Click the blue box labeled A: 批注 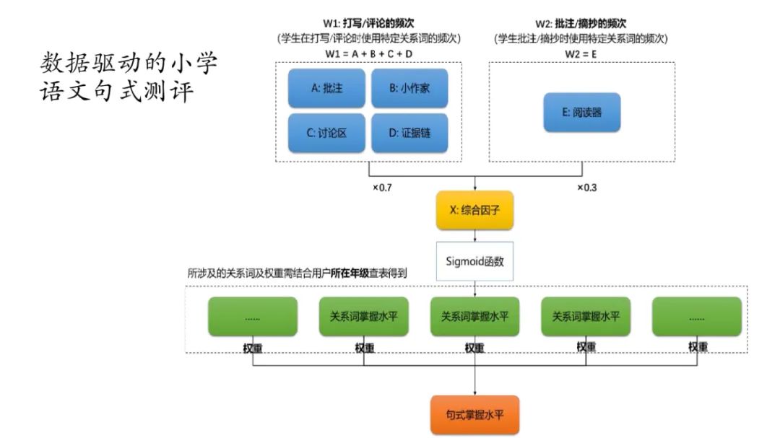326,89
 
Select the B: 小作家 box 409,89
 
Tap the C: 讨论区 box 326,133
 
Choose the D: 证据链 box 409,133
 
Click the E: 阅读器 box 581,113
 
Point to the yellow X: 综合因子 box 474,210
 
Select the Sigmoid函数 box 474,261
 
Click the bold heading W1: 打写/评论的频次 368,23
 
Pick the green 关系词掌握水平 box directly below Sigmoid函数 474,316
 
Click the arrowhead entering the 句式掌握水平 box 474,392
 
